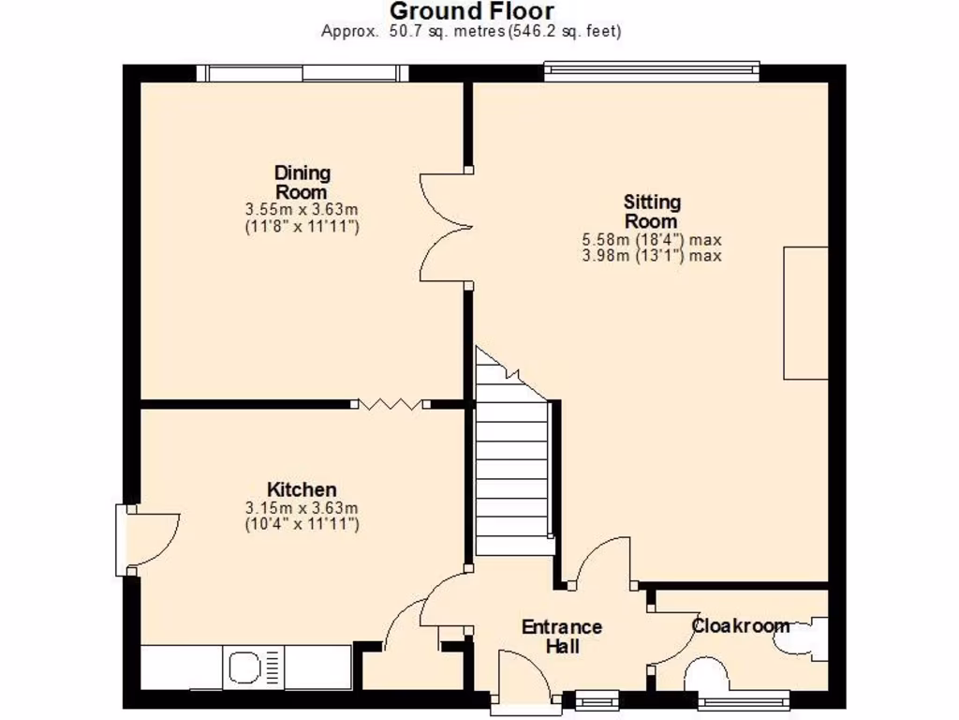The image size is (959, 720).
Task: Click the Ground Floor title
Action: [x=471, y=11]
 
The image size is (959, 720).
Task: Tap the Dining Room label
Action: [x=302, y=182]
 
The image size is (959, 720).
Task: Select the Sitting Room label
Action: [x=652, y=211]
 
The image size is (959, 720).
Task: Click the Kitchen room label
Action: [x=302, y=489]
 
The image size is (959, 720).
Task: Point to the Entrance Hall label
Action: [x=561, y=637]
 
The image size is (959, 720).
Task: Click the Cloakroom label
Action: [x=740, y=625]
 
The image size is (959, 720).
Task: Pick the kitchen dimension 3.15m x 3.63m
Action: [x=302, y=508]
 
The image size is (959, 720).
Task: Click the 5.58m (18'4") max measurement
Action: [x=652, y=240]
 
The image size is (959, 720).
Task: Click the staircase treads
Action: [x=511, y=469]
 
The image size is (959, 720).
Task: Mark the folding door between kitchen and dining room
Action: [x=391, y=404]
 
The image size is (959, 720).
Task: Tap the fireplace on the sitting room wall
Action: [x=805, y=313]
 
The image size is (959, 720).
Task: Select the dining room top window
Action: [x=302, y=73]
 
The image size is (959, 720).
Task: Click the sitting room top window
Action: [x=651, y=68]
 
